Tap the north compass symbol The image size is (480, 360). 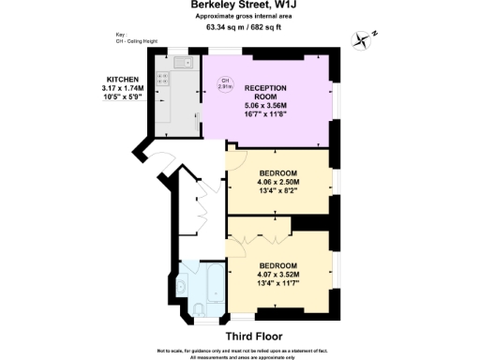tap(363, 38)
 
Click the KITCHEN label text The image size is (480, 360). tap(123, 80)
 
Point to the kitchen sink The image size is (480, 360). tap(182, 63)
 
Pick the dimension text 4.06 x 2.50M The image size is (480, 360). tap(278, 184)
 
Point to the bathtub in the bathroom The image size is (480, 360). tap(213, 281)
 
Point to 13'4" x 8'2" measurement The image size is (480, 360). tap(278, 193)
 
